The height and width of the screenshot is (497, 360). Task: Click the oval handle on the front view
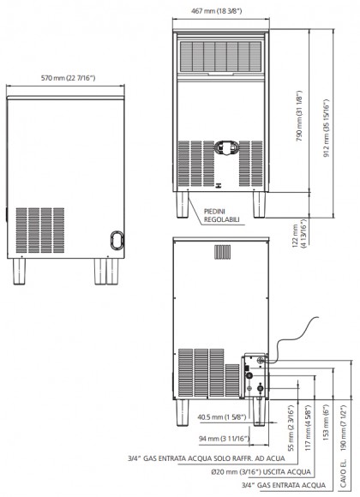(x=227, y=147)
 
